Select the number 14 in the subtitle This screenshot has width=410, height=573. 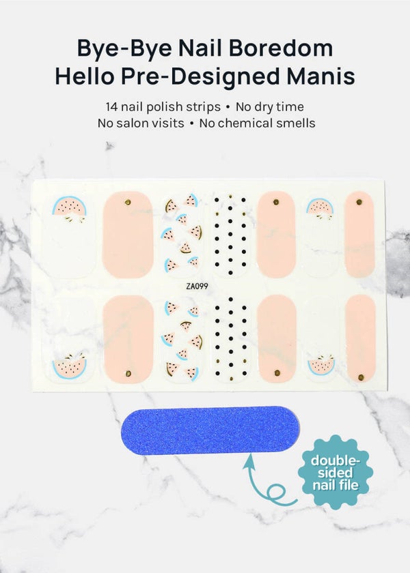coord(111,106)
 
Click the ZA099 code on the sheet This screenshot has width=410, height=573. coord(197,286)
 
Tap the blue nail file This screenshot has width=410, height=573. coord(210,430)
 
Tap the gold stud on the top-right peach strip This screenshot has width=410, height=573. coord(359,202)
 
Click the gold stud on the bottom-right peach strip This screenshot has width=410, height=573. coord(361,377)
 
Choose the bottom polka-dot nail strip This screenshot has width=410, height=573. coord(230,339)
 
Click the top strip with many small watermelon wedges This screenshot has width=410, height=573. coord(181,234)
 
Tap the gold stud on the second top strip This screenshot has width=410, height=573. coord(128,202)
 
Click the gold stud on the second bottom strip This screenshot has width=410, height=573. coord(128,373)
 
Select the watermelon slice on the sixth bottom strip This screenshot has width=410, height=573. coord(321,365)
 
